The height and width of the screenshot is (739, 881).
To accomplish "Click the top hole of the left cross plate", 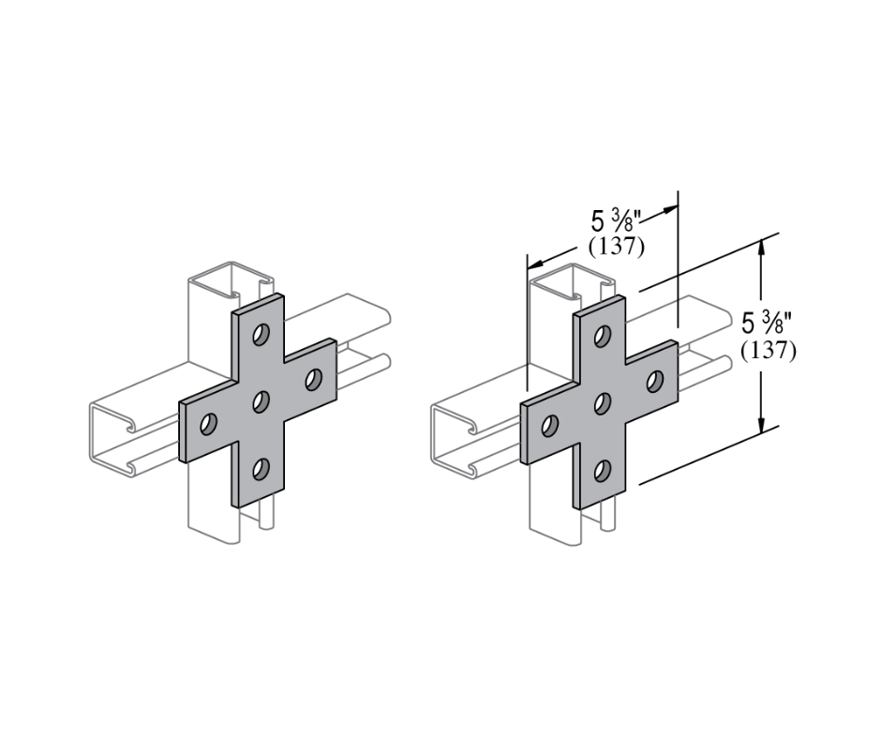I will click(x=261, y=334).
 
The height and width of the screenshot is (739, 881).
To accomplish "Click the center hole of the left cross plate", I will click(x=261, y=402).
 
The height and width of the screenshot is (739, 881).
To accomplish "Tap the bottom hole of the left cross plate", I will click(x=261, y=467).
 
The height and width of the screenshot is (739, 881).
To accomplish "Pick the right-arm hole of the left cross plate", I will click(x=313, y=379).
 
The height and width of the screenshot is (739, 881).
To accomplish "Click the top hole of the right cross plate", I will click(x=604, y=335).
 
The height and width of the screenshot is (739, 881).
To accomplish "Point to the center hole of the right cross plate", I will click(x=603, y=403).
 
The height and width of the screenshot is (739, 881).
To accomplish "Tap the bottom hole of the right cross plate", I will click(x=603, y=468).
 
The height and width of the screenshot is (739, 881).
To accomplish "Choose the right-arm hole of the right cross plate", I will click(x=655, y=380).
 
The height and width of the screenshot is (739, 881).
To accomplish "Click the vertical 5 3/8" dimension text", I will click(x=768, y=324).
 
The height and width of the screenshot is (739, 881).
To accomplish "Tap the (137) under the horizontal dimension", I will click(x=615, y=247).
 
